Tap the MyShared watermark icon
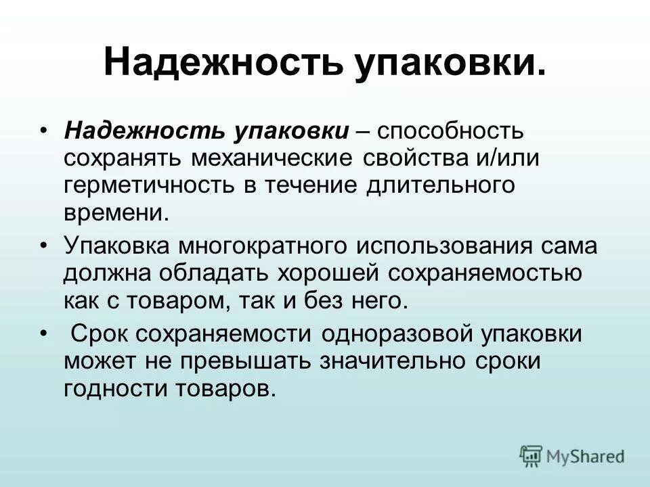coord(532,457)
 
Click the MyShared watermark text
coord(586,457)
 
